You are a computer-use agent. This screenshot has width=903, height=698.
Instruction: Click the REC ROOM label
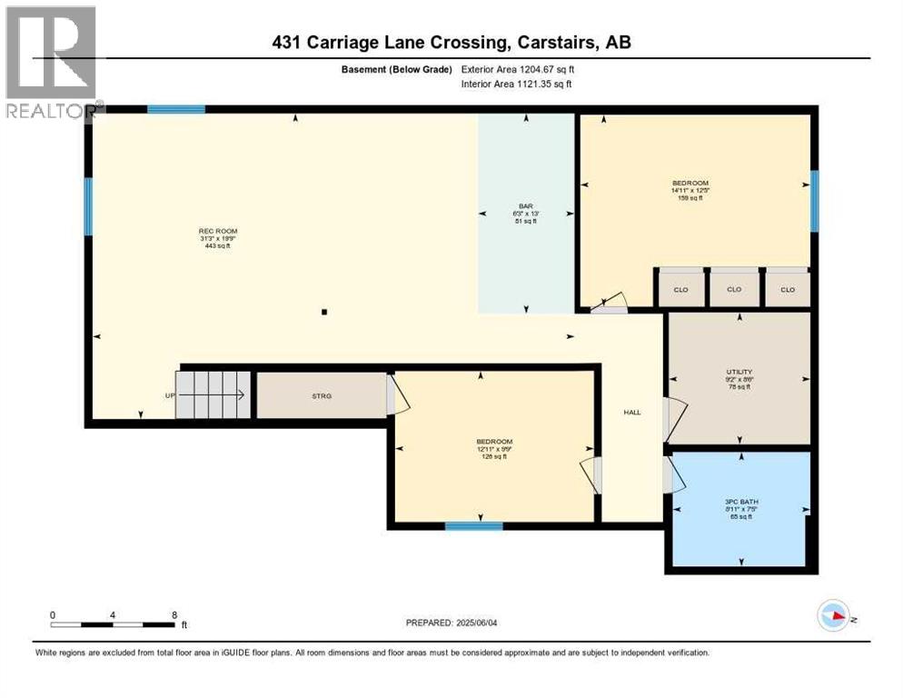click(x=218, y=232)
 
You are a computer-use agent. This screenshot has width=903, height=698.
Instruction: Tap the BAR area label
click(x=526, y=206)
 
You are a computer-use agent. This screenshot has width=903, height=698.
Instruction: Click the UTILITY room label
click(x=739, y=372)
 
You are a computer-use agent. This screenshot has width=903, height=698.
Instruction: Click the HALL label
click(x=632, y=413)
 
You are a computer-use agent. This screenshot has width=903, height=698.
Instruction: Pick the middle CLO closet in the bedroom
click(x=734, y=289)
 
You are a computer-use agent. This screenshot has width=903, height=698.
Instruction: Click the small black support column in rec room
click(x=324, y=313)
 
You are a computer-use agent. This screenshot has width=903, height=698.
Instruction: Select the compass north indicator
click(x=833, y=616)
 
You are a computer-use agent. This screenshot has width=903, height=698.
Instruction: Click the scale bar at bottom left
click(x=113, y=623)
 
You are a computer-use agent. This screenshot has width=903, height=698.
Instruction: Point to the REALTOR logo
click(x=51, y=62)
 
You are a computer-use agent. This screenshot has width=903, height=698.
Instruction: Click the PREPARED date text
click(x=459, y=623)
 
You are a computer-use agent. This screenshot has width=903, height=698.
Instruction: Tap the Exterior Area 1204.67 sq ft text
click(x=518, y=69)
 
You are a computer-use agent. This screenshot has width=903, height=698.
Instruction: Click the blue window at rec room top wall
click(x=176, y=109)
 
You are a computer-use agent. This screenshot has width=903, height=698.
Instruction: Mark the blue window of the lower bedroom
click(x=473, y=525)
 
